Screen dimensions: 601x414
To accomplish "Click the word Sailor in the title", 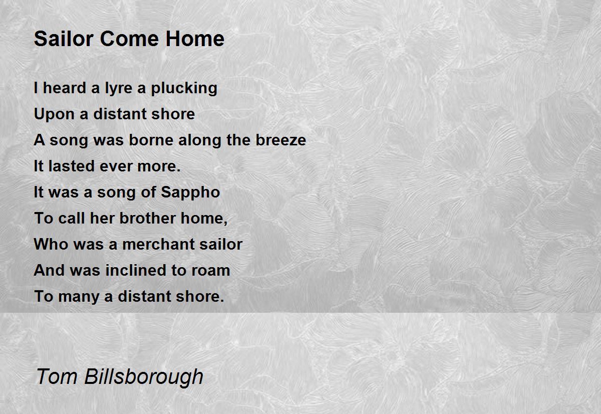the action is point(64,39).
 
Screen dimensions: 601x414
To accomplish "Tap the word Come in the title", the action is point(130,39).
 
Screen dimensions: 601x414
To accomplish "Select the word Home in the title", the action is point(195,39).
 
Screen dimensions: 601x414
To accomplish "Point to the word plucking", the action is point(184,89).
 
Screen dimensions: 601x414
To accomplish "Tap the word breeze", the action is point(280,140).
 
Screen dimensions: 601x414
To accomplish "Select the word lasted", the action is point(71,166).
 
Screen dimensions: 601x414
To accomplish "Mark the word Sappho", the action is point(190,193).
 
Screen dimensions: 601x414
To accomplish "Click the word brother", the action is point(147,218).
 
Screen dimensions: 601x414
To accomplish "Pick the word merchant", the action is point(159,244).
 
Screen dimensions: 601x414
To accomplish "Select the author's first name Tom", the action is point(57,376).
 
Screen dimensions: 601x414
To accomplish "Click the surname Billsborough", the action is point(144,377).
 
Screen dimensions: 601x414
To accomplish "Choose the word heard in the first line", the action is point(65,88).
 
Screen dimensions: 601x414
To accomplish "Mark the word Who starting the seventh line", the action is point(51,244).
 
